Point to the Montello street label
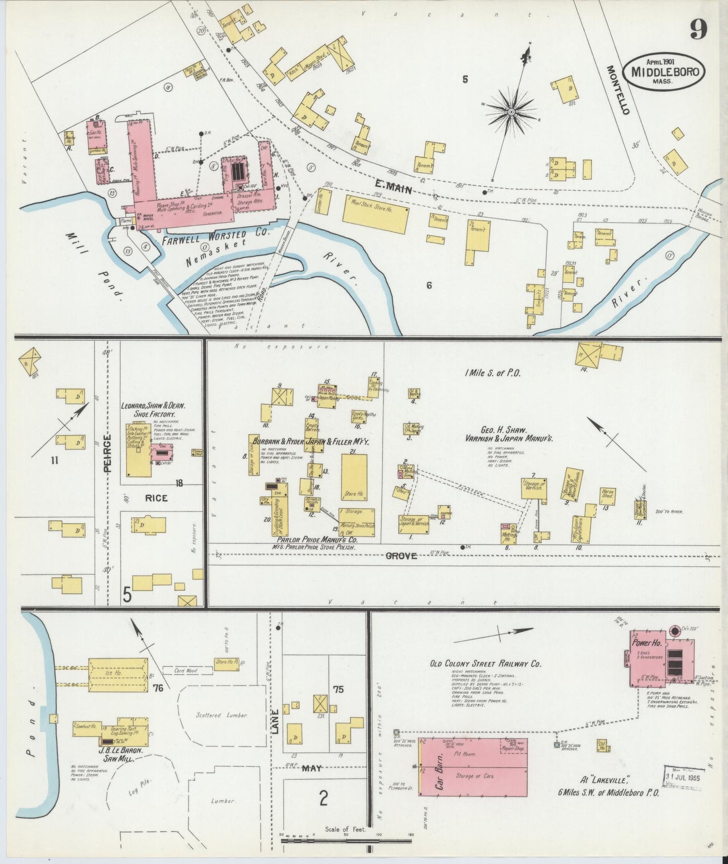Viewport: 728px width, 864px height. click(x=617, y=90)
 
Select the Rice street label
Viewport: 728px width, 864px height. click(x=156, y=498)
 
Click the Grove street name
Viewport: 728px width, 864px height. click(x=402, y=556)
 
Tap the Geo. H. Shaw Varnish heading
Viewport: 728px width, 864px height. click(x=510, y=435)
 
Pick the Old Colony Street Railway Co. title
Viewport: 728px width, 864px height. click(x=485, y=664)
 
